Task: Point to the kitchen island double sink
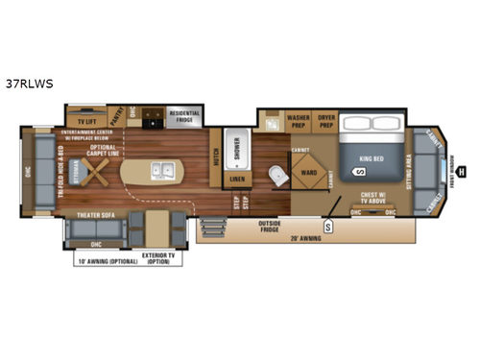[164, 173]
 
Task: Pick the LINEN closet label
[236, 179]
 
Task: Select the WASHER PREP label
[298, 122]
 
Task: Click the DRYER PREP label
[326, 122]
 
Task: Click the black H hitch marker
[461, 173]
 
